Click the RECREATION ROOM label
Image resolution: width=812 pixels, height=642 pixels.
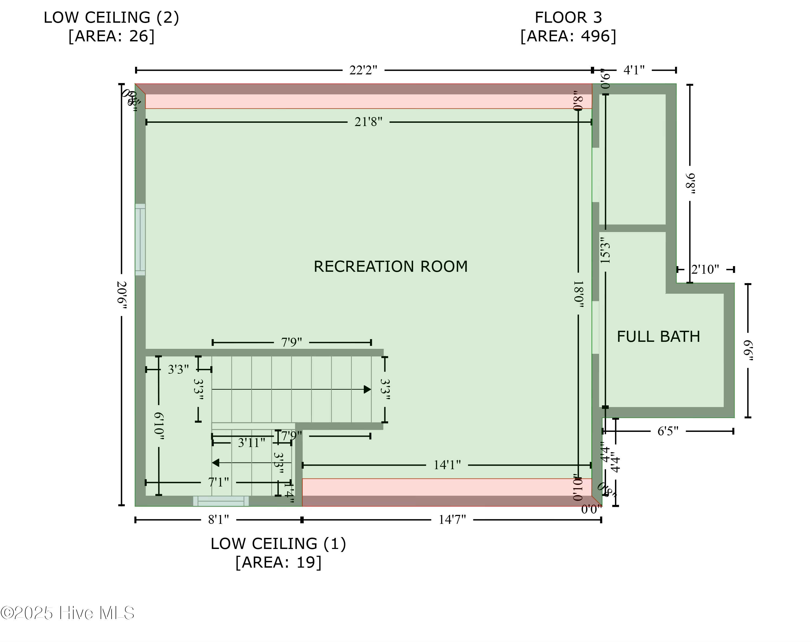[390, 266]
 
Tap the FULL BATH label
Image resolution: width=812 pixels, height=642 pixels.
[658, 337]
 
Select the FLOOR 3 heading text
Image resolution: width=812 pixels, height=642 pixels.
[568, 18]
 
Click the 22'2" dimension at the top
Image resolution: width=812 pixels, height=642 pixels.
[363, 70]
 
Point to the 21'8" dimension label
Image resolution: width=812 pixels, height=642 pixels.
[368, 122]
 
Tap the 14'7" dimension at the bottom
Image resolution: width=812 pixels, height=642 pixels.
[452, 520]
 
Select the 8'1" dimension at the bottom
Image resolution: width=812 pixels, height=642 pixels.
[218, 520]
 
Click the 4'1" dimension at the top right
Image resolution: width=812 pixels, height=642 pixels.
[634, 70]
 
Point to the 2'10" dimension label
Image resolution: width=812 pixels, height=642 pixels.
[705, 270]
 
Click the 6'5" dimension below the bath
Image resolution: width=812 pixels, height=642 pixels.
[667, 431]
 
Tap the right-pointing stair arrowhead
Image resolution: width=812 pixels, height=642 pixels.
[368, 389]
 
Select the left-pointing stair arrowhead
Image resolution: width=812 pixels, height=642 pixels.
[215, 463]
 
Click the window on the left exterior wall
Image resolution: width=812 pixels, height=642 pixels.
[140, 239]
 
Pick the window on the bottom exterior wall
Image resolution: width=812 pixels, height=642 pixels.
[221, 501]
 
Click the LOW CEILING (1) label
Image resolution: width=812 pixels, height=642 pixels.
[278, 544]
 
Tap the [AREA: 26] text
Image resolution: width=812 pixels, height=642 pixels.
[111, 37]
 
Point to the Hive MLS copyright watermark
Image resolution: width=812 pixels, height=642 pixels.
[68, 613]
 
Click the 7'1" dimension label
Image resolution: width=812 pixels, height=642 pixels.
[218, 482]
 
